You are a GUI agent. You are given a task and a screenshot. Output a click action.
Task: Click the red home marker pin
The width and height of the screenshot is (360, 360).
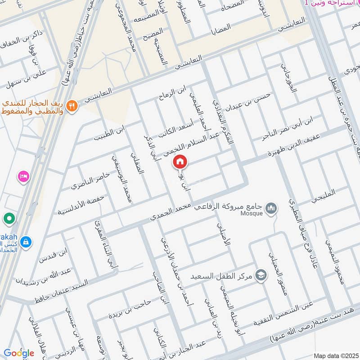(x=180, y=162)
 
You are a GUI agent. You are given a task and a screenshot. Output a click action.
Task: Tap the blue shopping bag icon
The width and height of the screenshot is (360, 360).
(x=26, y=242)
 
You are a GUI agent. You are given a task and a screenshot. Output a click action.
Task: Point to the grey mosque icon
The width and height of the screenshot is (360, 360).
(x=271, y=208)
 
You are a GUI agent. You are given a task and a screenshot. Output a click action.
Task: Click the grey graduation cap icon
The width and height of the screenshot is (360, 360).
(x=261, y=274)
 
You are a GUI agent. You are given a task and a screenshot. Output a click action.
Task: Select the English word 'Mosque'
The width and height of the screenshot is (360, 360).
(x=251, y=213)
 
